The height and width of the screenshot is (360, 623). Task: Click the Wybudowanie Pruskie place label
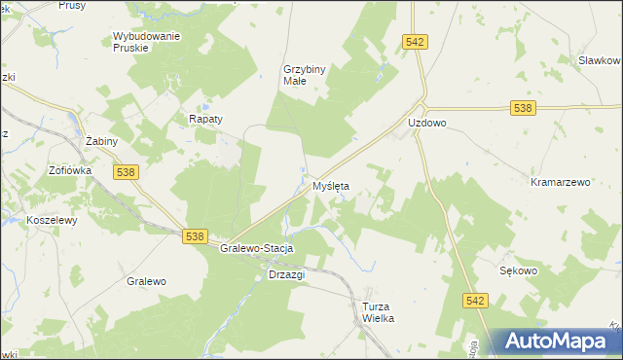[x=147, y=42]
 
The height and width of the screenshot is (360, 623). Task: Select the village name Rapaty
[x=205, y=119]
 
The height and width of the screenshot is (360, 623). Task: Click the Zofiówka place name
[x=70, y=170]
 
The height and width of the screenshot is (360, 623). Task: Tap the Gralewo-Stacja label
[x=257, y=248]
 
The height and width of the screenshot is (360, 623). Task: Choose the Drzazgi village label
[x=286, y=274]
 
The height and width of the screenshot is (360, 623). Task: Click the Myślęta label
[x=331, y=185]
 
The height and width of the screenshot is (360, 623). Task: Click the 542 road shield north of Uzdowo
[x=416, y=41]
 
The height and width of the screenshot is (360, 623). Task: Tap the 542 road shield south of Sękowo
[x=474, y=302]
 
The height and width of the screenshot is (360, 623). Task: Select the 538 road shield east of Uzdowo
[x=524, y=108]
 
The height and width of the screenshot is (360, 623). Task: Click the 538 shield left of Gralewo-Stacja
[x=195, y=236]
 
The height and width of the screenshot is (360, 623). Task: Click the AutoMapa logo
[x=556, y=341]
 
